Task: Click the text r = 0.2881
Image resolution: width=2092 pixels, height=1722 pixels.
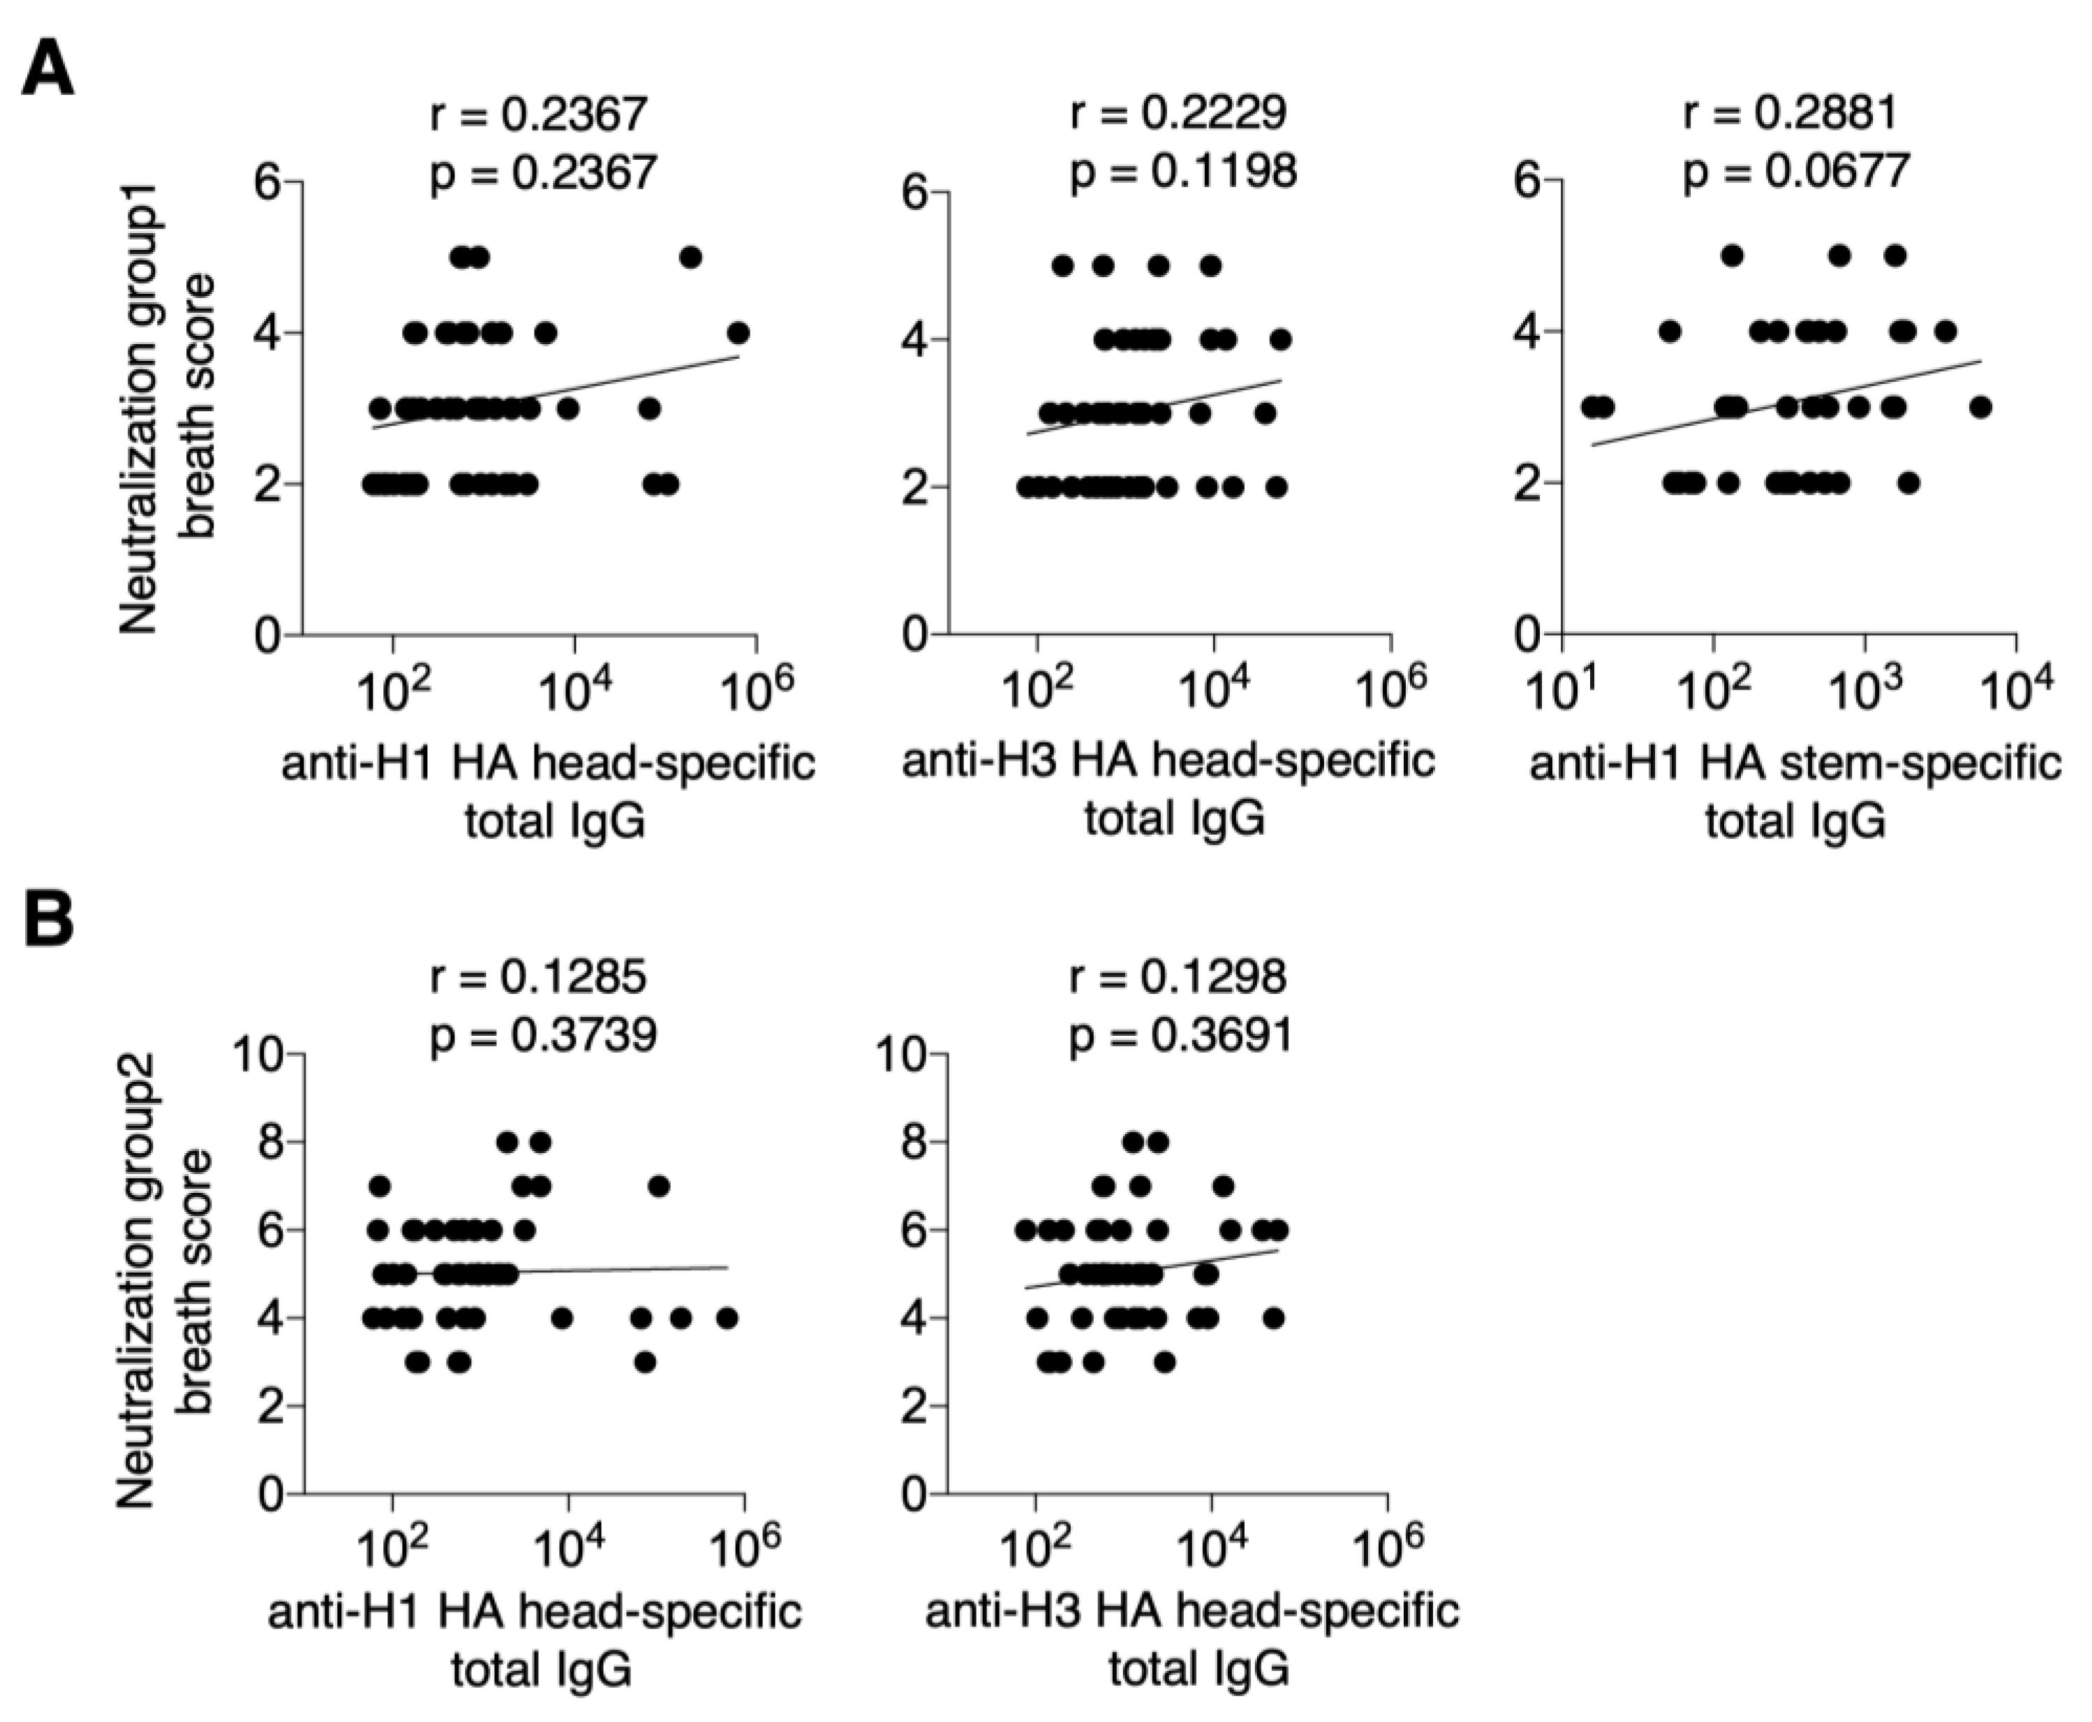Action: click(1790, 112)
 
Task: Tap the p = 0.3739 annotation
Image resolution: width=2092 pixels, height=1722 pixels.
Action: click(542, 1034)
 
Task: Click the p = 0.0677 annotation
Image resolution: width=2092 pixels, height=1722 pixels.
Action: click(1795, 172)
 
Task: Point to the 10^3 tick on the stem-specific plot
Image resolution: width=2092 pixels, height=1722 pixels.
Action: click(1867, 693)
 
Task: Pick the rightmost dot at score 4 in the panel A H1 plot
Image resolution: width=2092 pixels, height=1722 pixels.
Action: click(737, 333)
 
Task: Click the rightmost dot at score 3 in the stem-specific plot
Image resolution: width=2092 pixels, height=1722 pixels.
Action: click(1980, 407)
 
